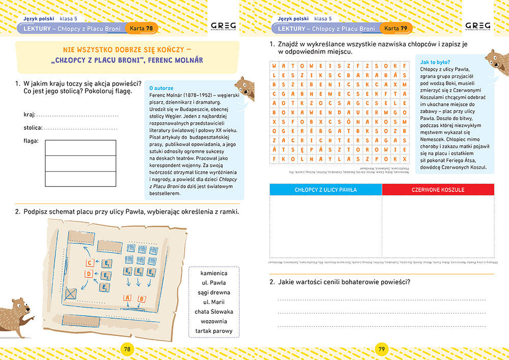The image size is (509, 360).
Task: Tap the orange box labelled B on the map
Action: click(x=142, y=298)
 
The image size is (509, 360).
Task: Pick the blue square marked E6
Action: click(x=151, y=272)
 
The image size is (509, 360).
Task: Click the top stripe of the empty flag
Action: click(x=80, y=148)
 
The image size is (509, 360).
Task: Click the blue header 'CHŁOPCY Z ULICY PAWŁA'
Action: click(x=326, y=189)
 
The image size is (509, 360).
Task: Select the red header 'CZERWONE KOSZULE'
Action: click(x=438, y=189)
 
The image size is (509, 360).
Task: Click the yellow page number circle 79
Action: click(x=382, y=349)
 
